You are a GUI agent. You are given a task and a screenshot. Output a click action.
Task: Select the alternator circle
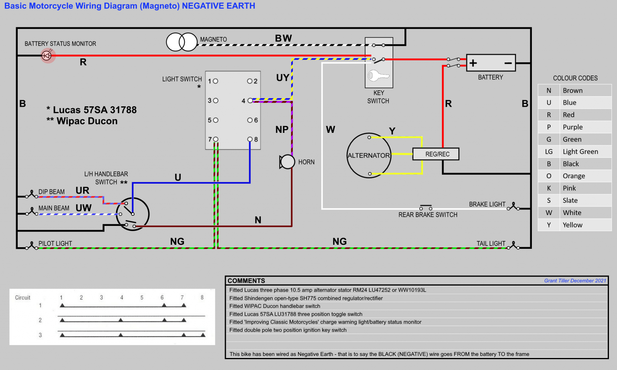coord(368,155)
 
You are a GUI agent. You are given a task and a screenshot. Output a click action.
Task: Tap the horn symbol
coord(287,162)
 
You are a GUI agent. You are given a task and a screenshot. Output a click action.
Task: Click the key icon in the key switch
coord(378,75)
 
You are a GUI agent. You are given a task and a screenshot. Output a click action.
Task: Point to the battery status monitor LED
coord(47,55)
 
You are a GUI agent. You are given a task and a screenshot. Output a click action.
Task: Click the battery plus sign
coord(473,63)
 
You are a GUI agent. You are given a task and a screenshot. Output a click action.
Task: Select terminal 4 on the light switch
coord(250,101)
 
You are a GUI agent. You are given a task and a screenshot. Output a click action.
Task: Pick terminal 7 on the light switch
coord(216,139)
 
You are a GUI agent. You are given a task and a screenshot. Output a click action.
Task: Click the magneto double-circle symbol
coord(182,42)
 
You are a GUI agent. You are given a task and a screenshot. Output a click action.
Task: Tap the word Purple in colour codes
coord(572,127)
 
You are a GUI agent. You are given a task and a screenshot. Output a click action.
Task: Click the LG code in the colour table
coord(549,152)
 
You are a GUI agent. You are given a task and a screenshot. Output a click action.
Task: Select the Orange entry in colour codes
coord(574,176)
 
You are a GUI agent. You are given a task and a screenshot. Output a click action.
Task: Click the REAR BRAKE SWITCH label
coord(428,215)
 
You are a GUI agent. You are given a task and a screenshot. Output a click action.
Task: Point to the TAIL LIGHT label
coord(491,244)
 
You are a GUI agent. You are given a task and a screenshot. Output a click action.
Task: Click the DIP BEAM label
coord(51,192)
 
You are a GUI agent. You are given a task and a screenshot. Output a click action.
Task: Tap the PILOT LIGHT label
coord(55,244)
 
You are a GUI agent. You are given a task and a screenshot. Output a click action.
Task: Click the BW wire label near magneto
coord(283,39)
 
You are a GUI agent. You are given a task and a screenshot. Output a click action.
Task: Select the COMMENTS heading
coord(246,281)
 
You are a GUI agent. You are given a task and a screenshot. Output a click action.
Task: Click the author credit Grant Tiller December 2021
coord(575,281)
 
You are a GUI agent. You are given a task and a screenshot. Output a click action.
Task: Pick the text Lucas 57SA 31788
coord(95,110)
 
